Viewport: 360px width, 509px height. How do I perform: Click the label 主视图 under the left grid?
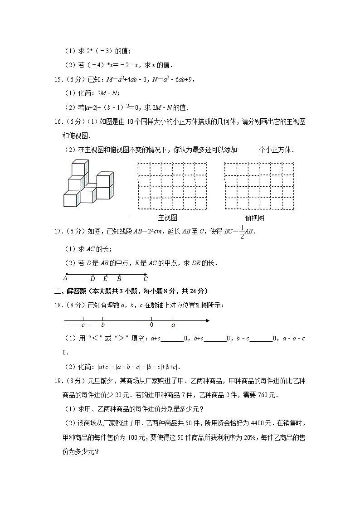click(167, 218)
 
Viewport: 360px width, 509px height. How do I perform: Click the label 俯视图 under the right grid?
click(254, 218)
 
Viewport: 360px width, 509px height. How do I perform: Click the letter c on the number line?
click(83, 325)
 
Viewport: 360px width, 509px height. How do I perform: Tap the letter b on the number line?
click(103, 325)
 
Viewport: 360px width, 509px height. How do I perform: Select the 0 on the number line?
click(151, 325)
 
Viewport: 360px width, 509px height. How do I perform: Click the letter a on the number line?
click(173, 325)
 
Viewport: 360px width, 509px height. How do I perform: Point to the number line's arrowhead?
click(207, 321)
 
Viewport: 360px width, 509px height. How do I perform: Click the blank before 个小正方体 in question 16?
click(248, 149)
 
